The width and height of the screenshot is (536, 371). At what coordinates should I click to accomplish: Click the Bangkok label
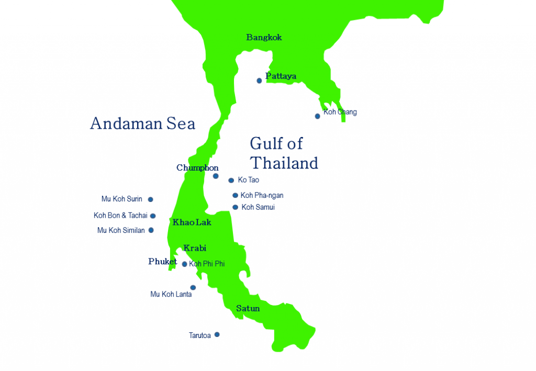tap(264, 38)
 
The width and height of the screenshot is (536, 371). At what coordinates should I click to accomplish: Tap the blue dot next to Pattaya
tap(259, 81)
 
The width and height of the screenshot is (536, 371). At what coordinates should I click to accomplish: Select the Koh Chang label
tap(340, 112)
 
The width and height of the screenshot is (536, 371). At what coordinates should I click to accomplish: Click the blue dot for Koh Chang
tap(318, 116)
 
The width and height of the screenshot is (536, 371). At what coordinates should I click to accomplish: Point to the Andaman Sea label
tap(142, 123)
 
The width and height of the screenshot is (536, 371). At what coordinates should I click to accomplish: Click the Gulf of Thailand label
tap(284, 153)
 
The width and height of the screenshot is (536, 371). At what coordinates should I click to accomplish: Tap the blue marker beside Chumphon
tap(216, 176)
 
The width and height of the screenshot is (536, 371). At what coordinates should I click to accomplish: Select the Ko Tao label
tap(248, 180)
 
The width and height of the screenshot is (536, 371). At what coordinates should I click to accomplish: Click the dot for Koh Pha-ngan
tap(236, 196)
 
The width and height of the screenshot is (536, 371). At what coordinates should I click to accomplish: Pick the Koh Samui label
tap(258, 207)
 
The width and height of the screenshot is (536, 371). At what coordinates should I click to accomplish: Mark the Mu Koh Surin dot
tap(151, 199)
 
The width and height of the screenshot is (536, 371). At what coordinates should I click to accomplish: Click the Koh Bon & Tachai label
tap(120, 216)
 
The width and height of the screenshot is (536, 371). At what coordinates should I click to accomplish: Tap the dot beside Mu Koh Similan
tap(151, 230)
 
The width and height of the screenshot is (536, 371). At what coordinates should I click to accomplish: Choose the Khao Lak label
tap(192, 222)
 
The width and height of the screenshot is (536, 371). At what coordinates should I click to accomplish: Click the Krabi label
tap(195, 248)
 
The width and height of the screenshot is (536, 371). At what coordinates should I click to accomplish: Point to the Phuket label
tap(162, 262)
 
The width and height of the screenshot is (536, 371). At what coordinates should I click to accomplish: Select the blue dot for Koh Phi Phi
tap(184, 264)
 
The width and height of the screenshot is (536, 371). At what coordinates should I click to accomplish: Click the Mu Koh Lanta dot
tap(193, 287)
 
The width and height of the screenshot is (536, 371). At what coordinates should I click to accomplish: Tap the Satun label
tap(248, 309)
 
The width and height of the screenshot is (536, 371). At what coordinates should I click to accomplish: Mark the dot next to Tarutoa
tap(217, 334)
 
